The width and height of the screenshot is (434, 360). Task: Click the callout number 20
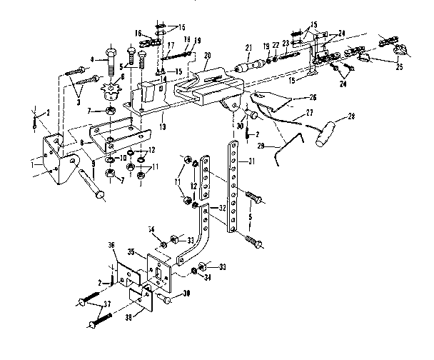click(208, 55)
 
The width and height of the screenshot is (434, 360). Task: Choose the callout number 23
click(285, 43)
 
